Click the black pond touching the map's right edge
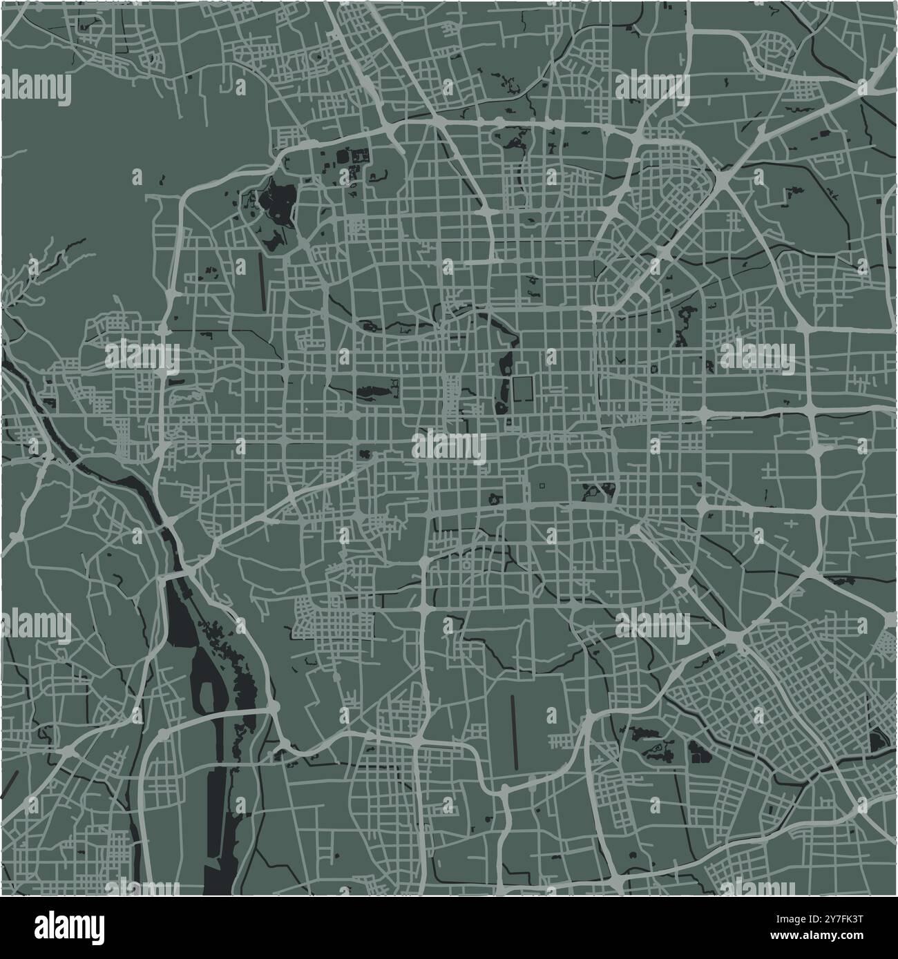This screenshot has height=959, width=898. tap(879, 741)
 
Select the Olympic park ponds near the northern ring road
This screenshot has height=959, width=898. tap(515, 142)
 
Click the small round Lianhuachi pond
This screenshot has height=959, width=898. tap(363, 454)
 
